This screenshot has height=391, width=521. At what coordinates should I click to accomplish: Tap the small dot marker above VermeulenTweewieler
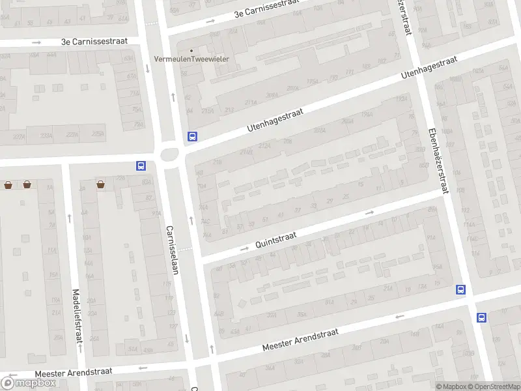tap(191, 50)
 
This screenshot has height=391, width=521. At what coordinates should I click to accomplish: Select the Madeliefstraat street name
tap(77, 316)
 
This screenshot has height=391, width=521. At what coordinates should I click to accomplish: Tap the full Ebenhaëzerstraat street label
tap(436, 159)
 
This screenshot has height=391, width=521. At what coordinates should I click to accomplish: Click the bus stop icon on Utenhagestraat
tap(192, 137)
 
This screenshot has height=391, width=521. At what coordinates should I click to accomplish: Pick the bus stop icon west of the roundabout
tap(140, 166)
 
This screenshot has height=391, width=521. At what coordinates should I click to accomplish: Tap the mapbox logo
tap(29, 383)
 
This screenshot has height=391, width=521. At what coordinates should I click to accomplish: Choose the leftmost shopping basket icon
tap(8, 185)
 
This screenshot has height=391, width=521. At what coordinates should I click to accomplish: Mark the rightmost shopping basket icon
tap(101, 185)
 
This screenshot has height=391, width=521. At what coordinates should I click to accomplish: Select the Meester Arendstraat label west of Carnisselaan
tap(74, 372)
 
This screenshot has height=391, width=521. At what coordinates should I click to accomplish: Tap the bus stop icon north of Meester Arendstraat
tap(461, 290)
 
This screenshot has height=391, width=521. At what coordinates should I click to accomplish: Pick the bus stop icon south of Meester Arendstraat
tap(481, 317)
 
